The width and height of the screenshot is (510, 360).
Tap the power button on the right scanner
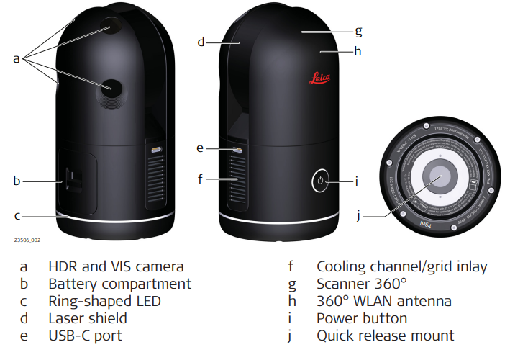[322, 181]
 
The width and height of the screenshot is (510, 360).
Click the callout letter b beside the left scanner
[17, 181]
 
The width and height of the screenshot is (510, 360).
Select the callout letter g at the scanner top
[358, 31]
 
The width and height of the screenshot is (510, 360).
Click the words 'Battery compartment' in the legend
[119, 284]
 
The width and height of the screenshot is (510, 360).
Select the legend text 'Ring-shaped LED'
[104, 301]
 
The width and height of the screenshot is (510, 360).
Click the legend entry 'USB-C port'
[85, 336]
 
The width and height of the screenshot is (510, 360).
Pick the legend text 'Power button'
[362, 318]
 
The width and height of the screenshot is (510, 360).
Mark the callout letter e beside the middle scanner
[200, 148]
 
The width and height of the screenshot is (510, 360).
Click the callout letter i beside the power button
[356, 181]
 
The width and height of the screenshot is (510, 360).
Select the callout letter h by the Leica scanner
[358, 51]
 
